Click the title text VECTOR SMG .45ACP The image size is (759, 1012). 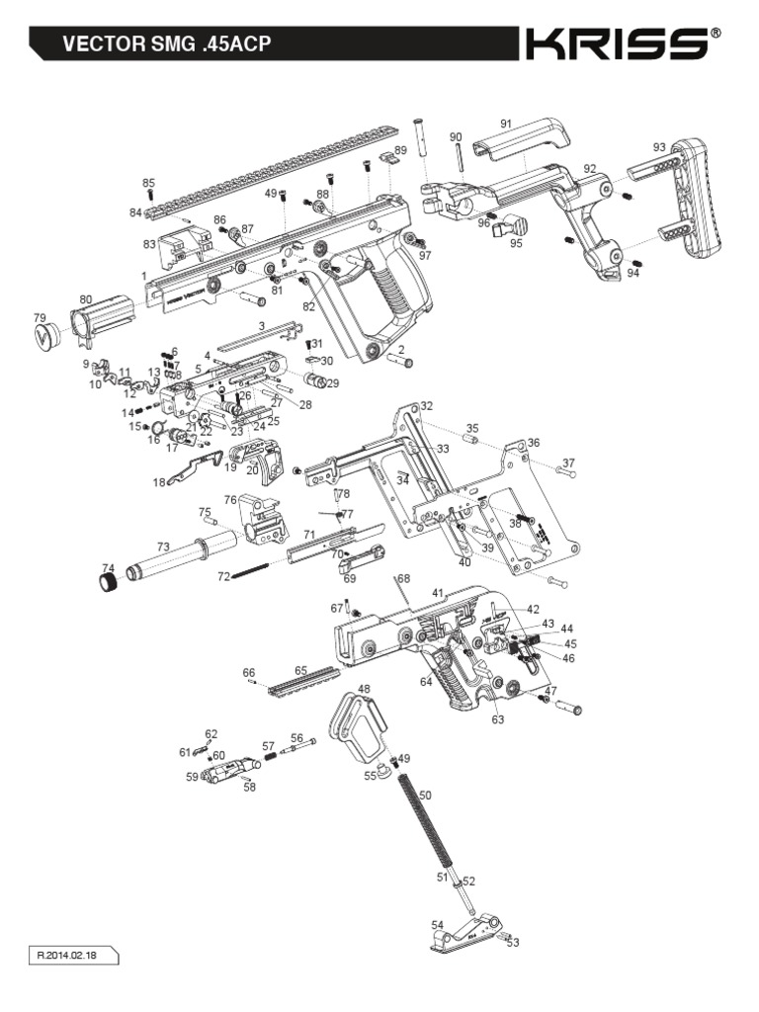[167, 44]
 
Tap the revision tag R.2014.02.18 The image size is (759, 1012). [74, 956]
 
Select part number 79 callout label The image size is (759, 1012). [41, 317]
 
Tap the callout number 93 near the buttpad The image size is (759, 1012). [659, 147]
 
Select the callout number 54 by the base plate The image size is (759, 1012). [438, 925]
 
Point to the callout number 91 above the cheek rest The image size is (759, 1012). [506, 124]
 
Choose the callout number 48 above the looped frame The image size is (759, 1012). [364, 689]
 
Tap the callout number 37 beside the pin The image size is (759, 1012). [568, 463]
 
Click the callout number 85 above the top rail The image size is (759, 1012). [149, 183]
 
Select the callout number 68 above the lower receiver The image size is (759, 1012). [403, 578]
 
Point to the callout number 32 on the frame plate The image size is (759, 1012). [426, 406]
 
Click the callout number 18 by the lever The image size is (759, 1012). [159, 482]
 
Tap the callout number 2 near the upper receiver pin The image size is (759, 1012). [402, 350]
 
